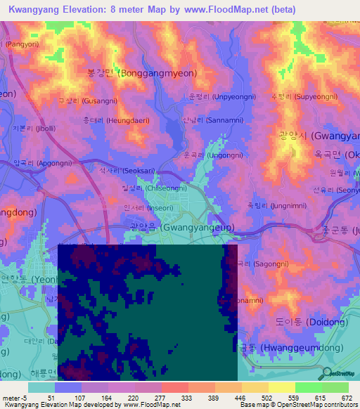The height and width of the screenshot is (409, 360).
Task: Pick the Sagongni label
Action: point(257,264)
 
